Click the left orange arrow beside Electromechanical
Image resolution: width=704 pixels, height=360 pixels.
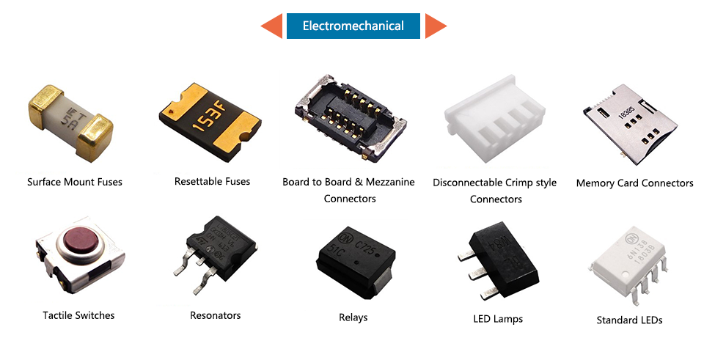272,26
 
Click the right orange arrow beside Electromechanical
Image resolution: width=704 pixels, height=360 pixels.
436,26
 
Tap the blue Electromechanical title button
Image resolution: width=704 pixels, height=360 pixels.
353,26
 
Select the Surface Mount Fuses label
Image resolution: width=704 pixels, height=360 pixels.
75,182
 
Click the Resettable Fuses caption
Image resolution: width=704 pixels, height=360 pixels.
212,181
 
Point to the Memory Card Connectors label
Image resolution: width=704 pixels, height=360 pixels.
634,183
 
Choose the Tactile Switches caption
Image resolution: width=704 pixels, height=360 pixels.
78,315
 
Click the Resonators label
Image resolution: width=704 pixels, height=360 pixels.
215,315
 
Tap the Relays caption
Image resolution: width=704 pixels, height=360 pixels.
353,317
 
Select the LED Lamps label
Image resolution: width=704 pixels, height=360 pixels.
498,319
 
